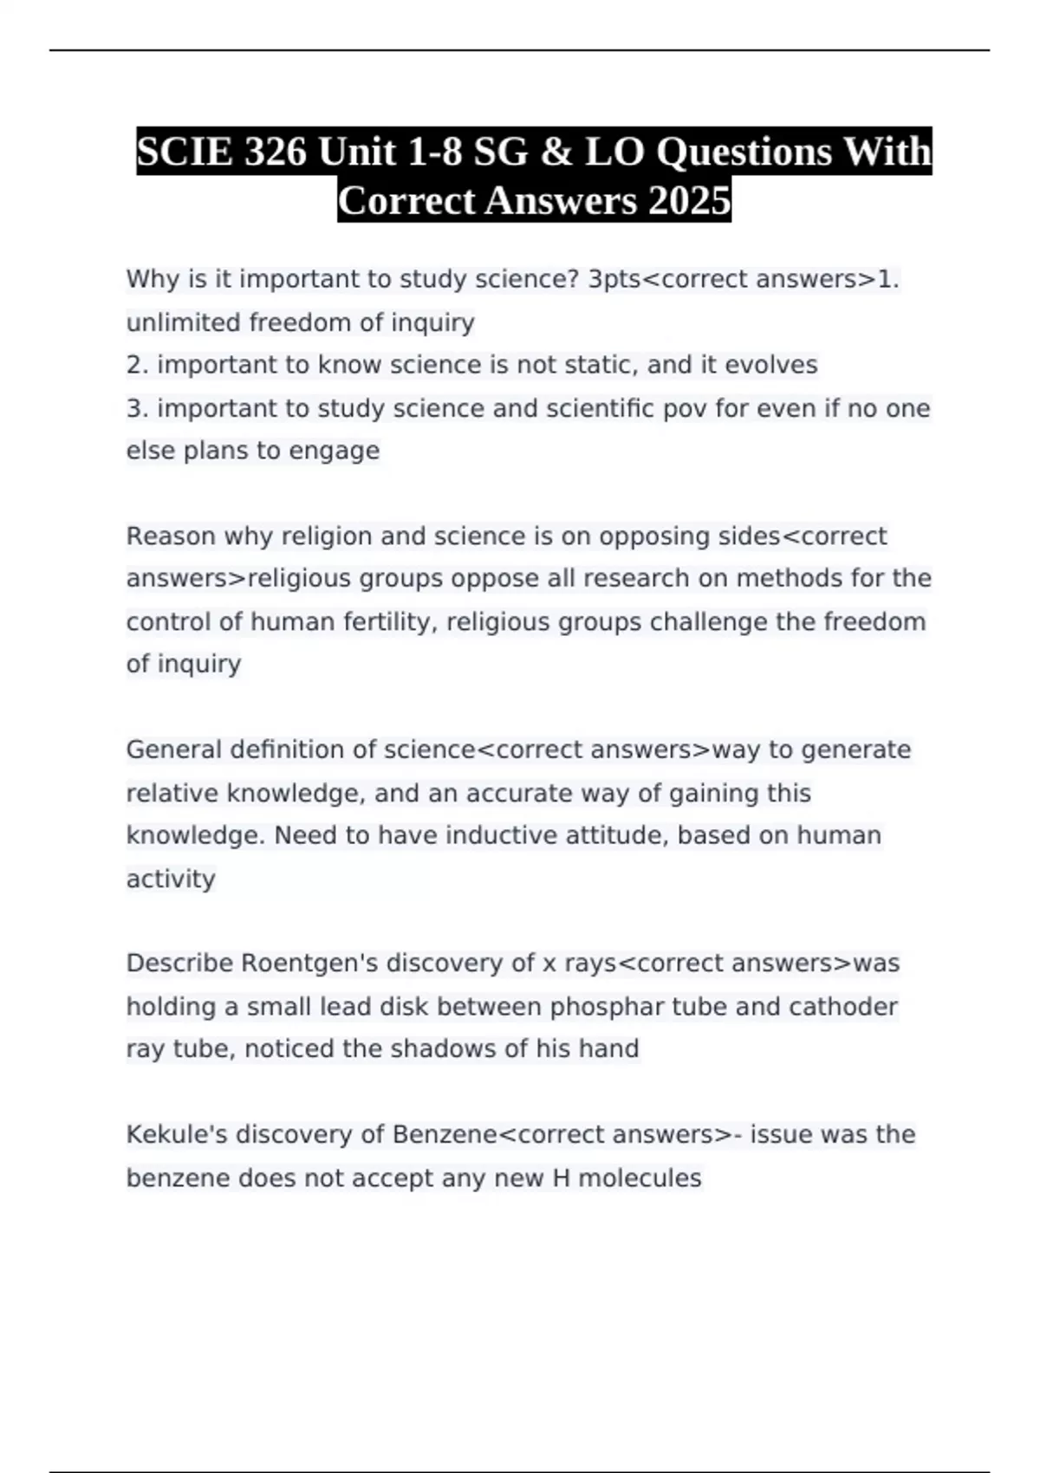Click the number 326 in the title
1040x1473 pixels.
(276, 152)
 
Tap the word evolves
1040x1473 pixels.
(770, 365)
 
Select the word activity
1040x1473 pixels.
(171, 879)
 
